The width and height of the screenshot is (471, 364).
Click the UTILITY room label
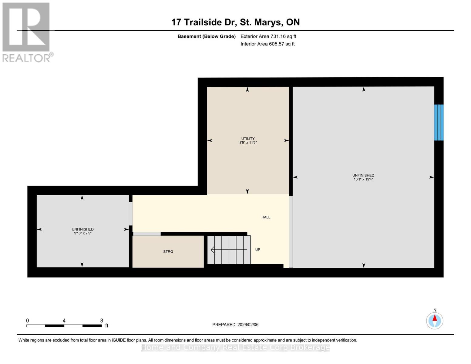tap(248, 139)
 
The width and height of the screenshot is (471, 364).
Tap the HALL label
tap(266, 217)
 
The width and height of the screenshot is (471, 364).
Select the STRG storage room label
tap(168, 251)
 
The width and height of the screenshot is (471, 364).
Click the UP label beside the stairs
tap(257, 250)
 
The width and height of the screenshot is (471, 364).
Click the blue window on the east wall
tap(439, 123)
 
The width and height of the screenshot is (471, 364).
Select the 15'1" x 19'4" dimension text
tap(363, 179)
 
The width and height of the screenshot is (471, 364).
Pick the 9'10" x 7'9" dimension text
tap(82, 233)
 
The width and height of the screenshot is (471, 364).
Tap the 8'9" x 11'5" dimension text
tap(248, 143)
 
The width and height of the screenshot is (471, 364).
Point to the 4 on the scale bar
tap(64, 321)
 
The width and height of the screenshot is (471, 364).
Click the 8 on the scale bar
tap(102, 321)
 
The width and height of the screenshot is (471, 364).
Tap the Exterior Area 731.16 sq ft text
tap(268, 36)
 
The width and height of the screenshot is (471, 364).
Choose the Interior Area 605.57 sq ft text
tap(267, 44)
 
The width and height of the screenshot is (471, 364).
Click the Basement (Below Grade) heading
tap(206, 36)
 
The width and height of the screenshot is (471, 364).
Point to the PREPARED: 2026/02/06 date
tap(235, 325)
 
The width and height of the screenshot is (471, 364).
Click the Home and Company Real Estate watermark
tap(235, 347)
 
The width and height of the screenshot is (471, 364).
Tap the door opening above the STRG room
tap(147, 234)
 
